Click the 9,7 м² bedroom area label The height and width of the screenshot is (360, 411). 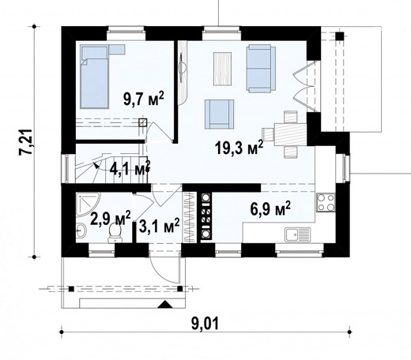coord(144,99)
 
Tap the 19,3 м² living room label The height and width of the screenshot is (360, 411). coord(239,148)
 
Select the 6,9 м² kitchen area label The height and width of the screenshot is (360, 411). coord(270,208)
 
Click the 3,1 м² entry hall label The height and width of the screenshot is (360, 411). coord(159,226)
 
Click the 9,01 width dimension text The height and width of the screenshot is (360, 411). coord(205,324)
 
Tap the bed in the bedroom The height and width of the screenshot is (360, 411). coord(95,77)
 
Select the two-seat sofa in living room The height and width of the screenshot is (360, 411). coord(261,69)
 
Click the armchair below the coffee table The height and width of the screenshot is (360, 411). coord(220,114)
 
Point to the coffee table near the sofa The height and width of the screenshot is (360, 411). coord(223,69)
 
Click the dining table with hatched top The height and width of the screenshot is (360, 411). coord(290,134)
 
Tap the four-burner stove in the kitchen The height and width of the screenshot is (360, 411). coord(326,202)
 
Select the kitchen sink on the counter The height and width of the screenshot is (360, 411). coord(297,234)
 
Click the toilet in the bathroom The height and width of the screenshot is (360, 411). coord(115,233)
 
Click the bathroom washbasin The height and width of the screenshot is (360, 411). coord(81,231)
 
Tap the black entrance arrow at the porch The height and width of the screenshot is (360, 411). coord(165,304)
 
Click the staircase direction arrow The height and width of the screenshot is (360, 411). coord(96,165)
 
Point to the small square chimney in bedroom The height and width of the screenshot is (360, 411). coord(142,122)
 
